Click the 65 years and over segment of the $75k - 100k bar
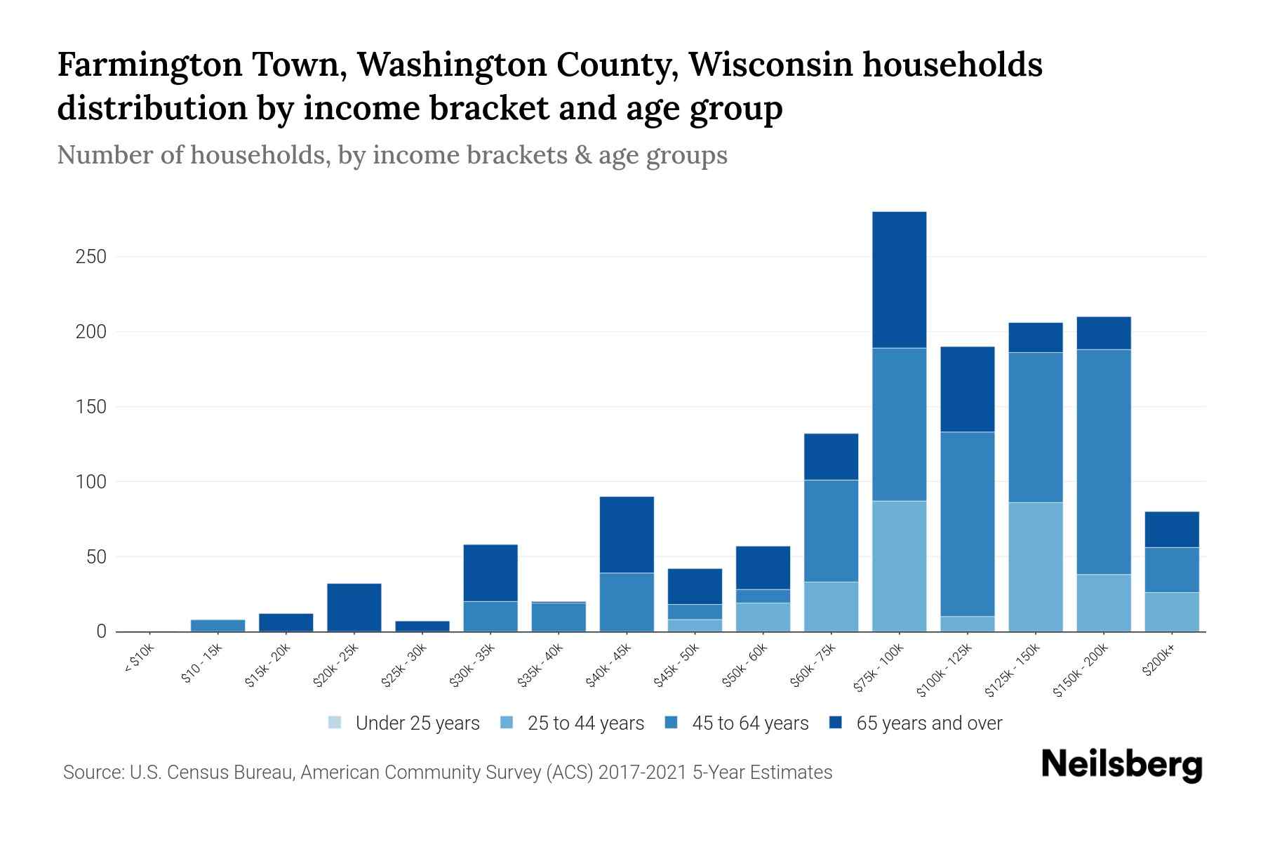click(x=899, y=279)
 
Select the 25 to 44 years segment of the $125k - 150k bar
click(x=1036, y=567)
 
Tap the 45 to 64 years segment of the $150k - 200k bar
click(x=1104, y=462)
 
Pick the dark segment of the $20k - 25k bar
click(x=354, y=608)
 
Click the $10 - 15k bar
click(x=218, y=625)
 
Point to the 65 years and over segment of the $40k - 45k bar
click(x=627, y=535)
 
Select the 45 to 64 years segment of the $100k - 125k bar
click(x=968, y=524)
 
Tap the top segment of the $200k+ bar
click(x=1172, y=530)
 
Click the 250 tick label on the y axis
click(x=91, y=257)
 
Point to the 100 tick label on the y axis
click(x=91, y=482)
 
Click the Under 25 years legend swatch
click(x=335, y=723)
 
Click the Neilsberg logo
click(x=1121, y=765)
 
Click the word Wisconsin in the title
click(x=770, y=65)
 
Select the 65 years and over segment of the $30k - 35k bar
click(x=490, y=573)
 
